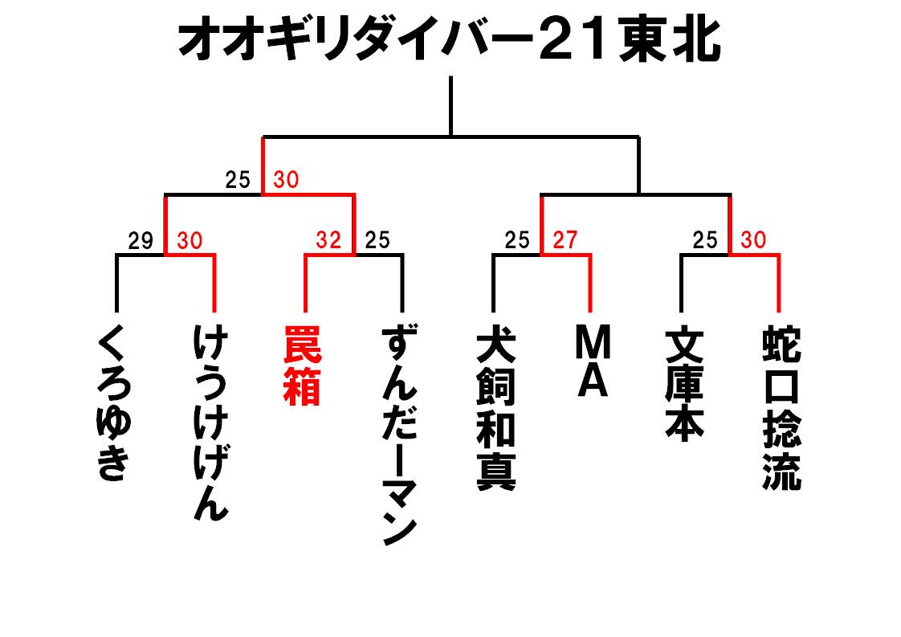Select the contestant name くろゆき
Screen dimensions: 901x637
point(113,402)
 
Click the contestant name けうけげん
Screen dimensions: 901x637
point(211,423)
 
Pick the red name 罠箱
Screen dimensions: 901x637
point(302,366)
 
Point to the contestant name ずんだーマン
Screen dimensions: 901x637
point(400,435)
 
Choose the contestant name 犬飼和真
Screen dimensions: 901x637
point(496,409)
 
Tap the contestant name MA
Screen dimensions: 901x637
point(593,361)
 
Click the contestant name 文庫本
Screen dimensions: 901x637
point(684,384)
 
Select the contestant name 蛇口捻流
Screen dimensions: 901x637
point(781,408)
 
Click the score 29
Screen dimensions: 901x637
point(141,241)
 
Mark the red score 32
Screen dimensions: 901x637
point(328,239)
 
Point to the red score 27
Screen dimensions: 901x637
point(565,239)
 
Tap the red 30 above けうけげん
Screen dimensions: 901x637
point(190,240)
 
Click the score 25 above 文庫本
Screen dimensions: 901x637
point(705,239)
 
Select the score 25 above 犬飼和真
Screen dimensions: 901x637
point(517,239)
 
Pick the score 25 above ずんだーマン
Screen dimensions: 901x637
point(377,239)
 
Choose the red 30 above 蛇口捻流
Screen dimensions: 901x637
point(753,239)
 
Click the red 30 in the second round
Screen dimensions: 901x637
point(286,180)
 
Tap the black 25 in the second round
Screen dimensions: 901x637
point(238,180)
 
